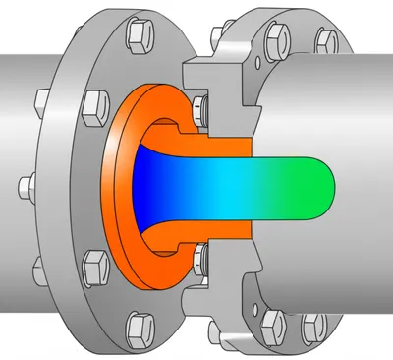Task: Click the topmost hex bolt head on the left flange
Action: pos(135,36)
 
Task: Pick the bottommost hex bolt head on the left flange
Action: pos(137,324)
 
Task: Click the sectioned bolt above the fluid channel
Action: pos(202,107)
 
